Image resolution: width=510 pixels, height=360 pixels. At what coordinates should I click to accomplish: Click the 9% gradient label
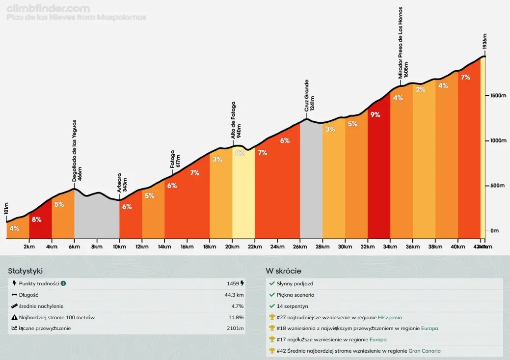[x=376, y=114]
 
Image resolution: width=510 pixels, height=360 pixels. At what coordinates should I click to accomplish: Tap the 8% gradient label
[x=36, y=220]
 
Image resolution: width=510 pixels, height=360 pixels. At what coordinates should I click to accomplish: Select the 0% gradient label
[x=240, y=153]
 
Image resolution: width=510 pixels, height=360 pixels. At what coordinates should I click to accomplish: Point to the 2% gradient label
[x=421, y=89]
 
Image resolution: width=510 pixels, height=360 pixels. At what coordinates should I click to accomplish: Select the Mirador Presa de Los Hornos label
[x=403, y=42]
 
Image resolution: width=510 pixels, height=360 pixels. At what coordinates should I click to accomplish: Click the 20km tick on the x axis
[x=232, y=247]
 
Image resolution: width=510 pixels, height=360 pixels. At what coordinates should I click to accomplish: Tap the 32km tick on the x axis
[x=368, y=247]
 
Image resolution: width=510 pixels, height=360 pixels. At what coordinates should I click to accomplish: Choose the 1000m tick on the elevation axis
[x=498, y=140]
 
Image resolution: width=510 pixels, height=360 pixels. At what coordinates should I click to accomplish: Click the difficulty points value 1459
[x=233, y=283]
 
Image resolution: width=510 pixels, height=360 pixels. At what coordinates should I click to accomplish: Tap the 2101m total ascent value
[x=235, y=328]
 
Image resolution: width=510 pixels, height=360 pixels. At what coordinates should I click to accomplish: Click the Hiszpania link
[x=389, y=317]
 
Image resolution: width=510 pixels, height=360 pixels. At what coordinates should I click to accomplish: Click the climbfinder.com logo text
[x=48, y=8]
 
